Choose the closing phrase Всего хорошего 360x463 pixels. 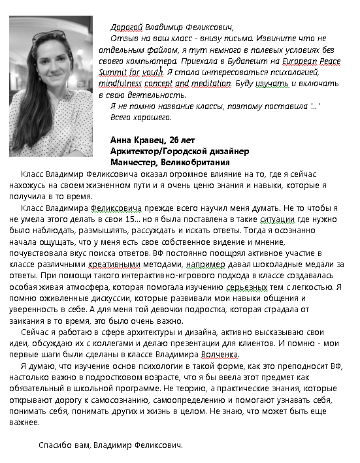coord(140,118)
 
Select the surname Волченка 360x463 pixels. coord(218,354)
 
